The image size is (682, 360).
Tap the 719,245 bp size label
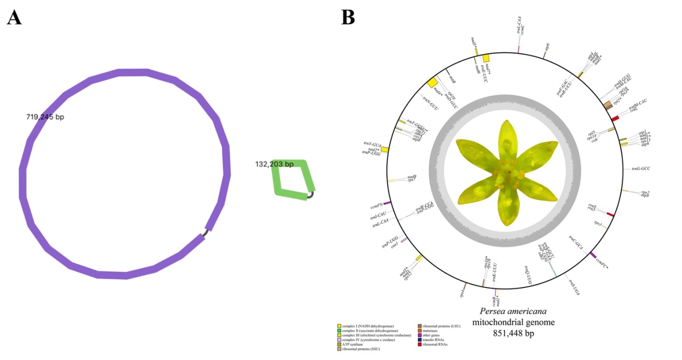[45, 117]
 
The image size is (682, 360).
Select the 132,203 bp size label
[274, 165]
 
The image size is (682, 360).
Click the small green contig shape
[293, 179]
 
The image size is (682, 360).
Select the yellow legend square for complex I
[339, 326]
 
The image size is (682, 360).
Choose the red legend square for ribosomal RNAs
[420, 345]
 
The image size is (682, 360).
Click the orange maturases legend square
[420, 331]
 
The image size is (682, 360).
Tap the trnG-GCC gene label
[638, 169]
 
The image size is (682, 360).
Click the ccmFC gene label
[602, 264]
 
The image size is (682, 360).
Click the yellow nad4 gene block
[432, 83]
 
